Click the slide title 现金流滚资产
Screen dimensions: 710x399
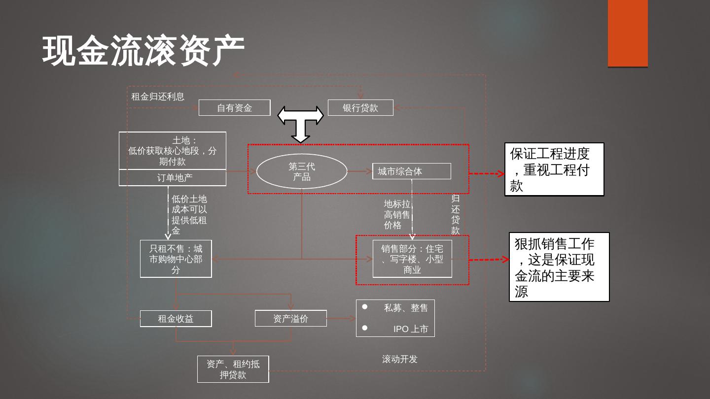(x=143, y=50)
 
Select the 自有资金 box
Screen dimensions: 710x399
(x=234, y=108)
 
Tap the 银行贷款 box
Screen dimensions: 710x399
(x=360, y=108)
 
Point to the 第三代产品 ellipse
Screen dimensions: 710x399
(x=301, y=171)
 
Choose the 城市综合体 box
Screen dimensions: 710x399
(x=411, y=171)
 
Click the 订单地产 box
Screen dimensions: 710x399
(x=173, y=178)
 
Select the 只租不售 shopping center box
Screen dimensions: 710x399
(x=176, y=259)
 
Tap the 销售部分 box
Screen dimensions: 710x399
(x=412, y=259)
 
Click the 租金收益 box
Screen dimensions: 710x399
(x=176, y=319)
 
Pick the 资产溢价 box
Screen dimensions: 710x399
(x=290, y=319)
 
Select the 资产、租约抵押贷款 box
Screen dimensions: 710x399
(x=233, y=369)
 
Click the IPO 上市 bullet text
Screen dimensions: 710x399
(x=410, y=329)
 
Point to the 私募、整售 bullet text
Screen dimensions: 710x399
(x=406, y=308)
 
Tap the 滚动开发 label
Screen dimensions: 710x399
(x=400, y=359)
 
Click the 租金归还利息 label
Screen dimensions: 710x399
(x=158, y=97)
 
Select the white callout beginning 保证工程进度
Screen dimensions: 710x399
(x=554, y=169)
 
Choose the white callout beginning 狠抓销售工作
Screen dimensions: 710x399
(x=559, y=267)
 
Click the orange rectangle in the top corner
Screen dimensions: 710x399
(x=628, y=33)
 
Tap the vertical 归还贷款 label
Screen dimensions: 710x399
(x=455, y=215)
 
